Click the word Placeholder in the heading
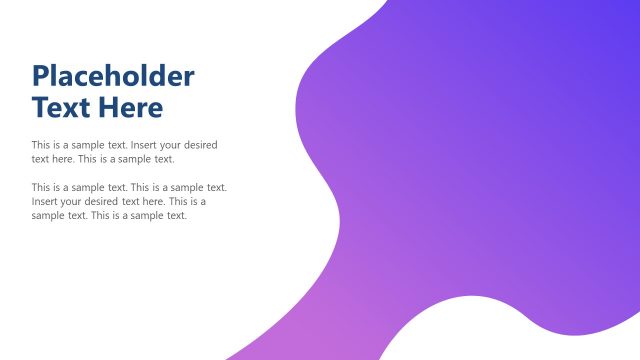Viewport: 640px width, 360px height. pyautogui.click(x=113, y=76)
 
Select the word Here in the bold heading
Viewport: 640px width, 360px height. pyautogui.click(x=133, y=107)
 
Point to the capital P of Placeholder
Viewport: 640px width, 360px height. pyautogui.click(x=41, y=76)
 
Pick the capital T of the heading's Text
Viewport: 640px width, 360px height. pyautogui.click(x=40, y=107)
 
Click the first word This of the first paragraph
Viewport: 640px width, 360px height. pyautogui.click(x=41, y=145)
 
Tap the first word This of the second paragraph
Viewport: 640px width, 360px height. pyautogui.click(x=41, y=187)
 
